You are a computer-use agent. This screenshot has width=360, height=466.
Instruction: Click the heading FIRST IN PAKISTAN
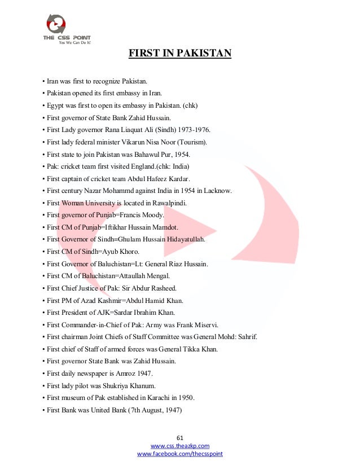[x=180, y=54]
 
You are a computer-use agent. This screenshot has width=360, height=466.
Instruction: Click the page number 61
[x=180, y=438]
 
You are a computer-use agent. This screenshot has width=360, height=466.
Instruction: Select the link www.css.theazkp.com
[x=180, y=446]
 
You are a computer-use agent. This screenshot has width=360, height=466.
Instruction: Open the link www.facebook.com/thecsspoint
[x=180, y=454]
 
